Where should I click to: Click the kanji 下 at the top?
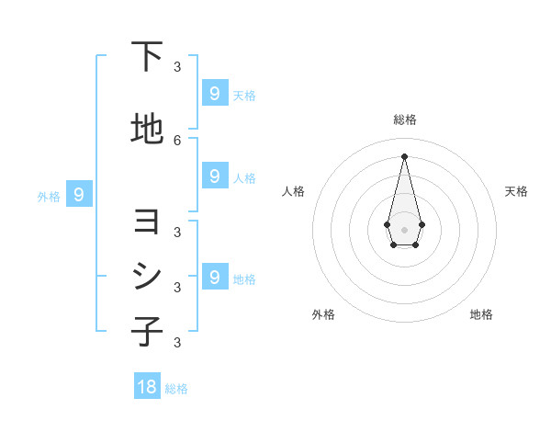tap(148, 58)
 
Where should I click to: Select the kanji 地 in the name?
tap(148, 130)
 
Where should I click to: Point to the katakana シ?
tap(148, 277)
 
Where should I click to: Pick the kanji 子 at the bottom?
tap(148, 331)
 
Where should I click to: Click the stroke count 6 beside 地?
tap(177, 140)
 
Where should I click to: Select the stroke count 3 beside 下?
tap(177, 66)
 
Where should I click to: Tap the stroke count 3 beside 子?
tap(177, 342)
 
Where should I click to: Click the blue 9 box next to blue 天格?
tap(214, 93)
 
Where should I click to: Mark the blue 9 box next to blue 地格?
tap(214, 277)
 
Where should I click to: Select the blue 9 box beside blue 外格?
tap(79, 194)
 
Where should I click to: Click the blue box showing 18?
tap(147, 387)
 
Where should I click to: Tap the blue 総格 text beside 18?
tap(176, 389)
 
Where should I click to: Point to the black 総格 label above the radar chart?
tap(404, 119)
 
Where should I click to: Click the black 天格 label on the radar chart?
tap(517, 191)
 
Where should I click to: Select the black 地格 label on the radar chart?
tap(481, 314)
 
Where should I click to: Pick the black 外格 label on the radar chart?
tap(323, 314)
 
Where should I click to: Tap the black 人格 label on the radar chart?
tap(294, 191)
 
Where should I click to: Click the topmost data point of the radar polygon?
tap(404, 155)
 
